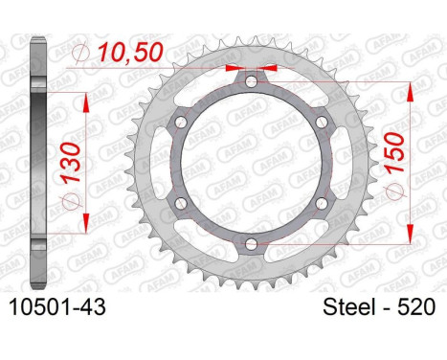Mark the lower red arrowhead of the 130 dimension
(x=88, y=223)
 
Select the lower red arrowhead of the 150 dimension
(x=408, y=238)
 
